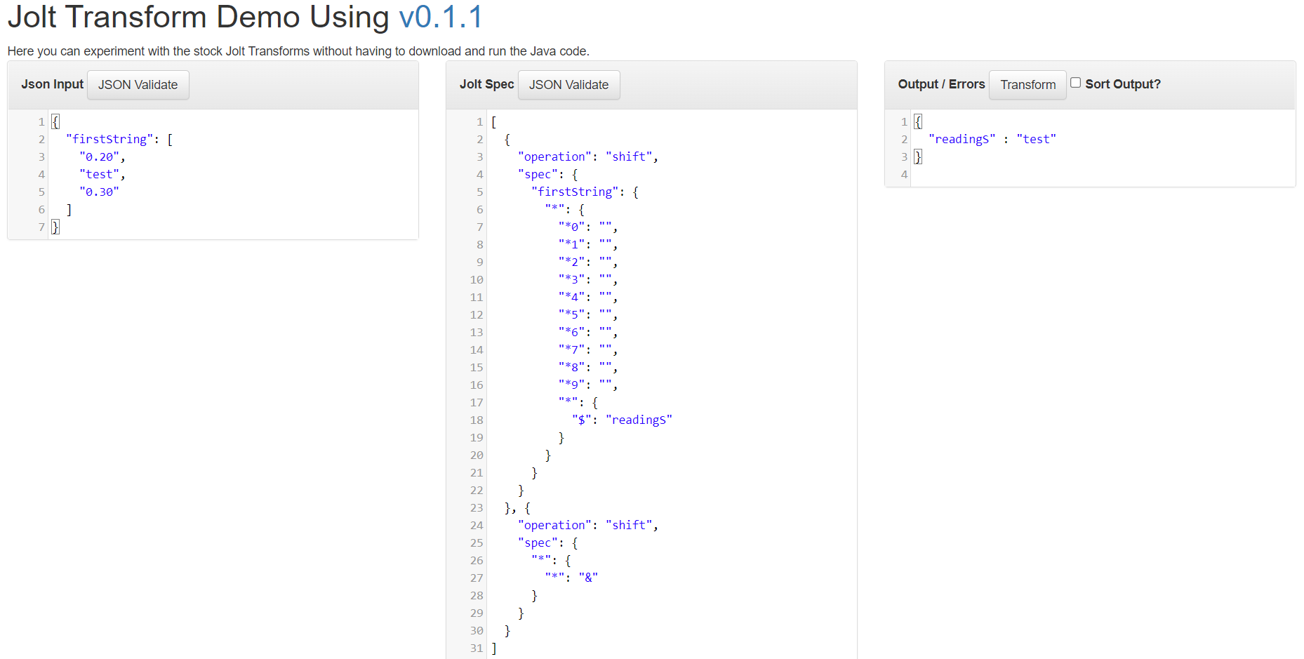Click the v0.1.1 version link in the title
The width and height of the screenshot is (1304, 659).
441,17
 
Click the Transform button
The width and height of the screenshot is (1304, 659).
1027,85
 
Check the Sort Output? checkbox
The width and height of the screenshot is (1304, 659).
1075,83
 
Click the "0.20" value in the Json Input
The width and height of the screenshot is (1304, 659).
100,157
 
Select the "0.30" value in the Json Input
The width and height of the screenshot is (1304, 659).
100,192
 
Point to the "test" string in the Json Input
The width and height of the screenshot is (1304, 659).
100,175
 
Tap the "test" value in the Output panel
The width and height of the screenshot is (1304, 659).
1036,140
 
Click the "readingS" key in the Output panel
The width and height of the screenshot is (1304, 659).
962,140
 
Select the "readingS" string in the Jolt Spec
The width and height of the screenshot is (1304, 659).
639,420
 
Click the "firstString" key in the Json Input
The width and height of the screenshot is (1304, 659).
109,140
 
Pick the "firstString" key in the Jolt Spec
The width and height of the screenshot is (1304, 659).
576,192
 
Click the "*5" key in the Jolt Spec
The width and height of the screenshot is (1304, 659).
572,315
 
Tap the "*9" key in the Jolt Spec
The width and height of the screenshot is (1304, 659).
572,385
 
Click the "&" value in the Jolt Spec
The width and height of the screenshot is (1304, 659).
588,578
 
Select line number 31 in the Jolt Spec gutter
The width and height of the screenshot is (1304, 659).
477,648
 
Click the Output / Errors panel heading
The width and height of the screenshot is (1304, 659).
941,84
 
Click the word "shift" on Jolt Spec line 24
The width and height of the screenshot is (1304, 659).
629,526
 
